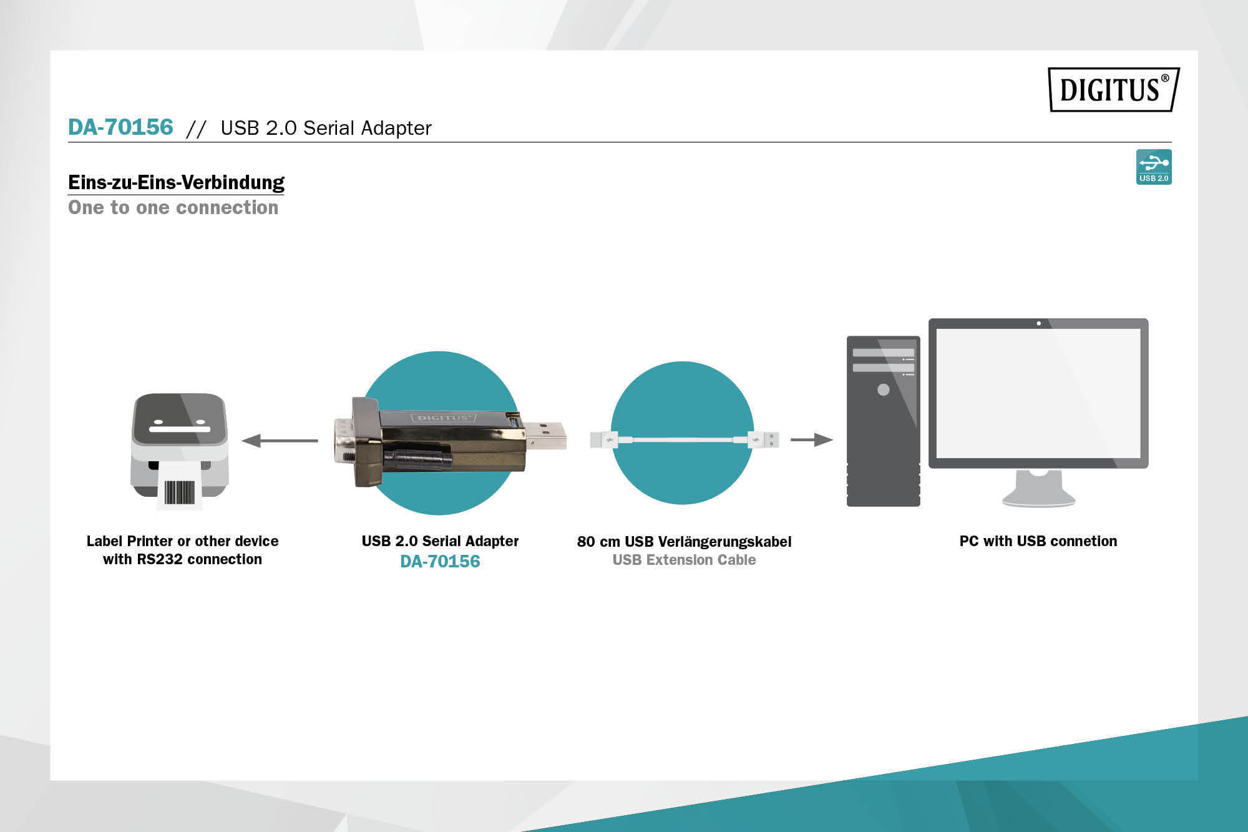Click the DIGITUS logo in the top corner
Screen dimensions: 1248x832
1114,89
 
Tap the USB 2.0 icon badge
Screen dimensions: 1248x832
1154,167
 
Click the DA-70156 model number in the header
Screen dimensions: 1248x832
120,127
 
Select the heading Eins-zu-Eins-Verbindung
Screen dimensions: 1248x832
176,182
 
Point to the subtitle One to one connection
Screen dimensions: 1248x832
173,207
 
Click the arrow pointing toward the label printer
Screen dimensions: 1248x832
280,441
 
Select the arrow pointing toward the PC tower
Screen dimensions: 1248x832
812,439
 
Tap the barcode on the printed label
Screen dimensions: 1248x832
180,492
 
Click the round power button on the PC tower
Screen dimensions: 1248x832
884,389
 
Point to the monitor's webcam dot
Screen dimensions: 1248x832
1038,323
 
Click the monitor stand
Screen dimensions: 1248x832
1038,488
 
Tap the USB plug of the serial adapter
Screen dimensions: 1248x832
545,435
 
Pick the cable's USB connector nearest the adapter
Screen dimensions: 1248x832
604,439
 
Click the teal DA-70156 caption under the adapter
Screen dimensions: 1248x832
440,561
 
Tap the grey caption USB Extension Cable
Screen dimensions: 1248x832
684,560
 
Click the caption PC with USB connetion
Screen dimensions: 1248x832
1038,541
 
